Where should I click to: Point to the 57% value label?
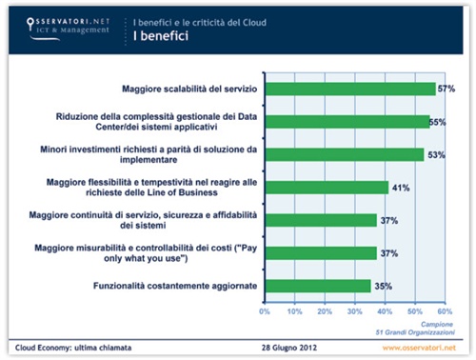click(x=446, y=89)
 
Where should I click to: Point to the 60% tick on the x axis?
click(x=444, y=310)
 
